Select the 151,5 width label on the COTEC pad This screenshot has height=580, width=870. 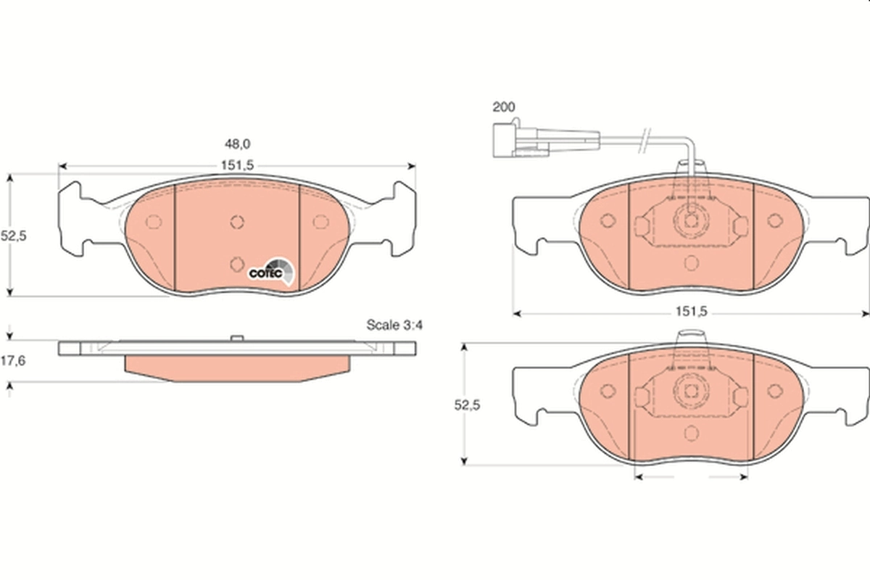click(237, 165)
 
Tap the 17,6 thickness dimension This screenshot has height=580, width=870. click(13, 361)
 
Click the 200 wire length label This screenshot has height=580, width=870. click(503, 107)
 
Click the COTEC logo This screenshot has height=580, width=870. click(272, 271)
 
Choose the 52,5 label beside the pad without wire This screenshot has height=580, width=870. click(468, 406)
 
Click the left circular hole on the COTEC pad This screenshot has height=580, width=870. click(153, 222)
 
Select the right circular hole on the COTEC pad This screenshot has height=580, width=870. click(320, 222)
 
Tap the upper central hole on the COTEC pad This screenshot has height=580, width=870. click(237, 222)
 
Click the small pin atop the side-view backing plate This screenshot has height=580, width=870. click(236, 338)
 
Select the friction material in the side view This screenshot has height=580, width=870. click(237, 365)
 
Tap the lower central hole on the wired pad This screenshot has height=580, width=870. click(690, 262)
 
